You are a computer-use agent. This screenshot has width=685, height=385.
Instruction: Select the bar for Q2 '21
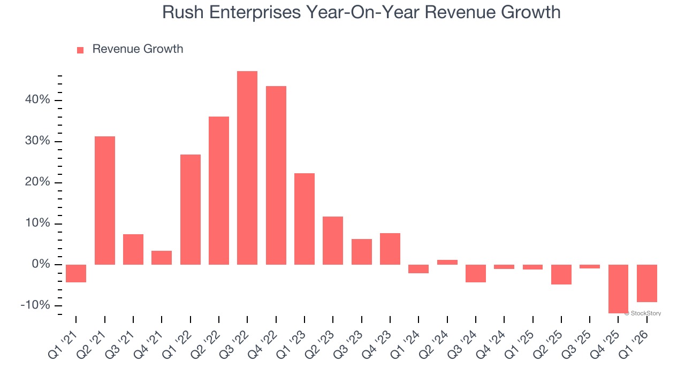click(105, 200)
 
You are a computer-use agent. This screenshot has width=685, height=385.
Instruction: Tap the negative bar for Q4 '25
click(618, 289)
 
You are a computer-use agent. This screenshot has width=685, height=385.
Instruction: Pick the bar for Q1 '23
click(305, 219)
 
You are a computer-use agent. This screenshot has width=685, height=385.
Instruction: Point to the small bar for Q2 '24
click(447, 262)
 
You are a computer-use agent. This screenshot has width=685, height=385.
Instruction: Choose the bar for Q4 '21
click(162, 257)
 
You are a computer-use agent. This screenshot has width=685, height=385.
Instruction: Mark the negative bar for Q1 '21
click(76, 273)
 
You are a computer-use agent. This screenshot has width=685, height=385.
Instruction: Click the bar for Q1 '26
click(646, 283)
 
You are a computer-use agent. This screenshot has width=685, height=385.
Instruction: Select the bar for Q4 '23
click(390, 249)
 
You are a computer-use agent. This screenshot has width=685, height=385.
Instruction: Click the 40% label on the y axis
click(36, 100)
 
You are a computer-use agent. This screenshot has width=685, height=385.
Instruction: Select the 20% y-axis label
click(36, 182)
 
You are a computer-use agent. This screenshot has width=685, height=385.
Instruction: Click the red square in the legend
click(80, 50)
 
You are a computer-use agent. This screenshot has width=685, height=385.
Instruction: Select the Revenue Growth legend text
click(138, 49)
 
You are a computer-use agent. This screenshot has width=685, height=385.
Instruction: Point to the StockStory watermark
click(642, 313)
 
